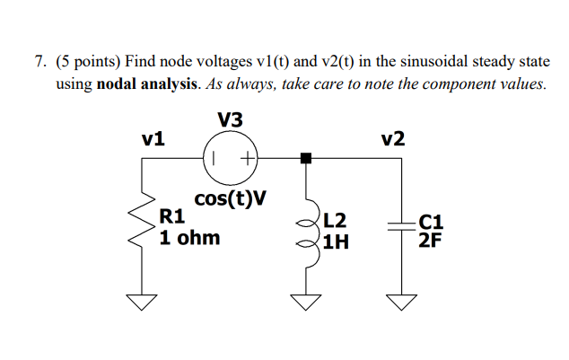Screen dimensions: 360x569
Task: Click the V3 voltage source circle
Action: tap(232, 158)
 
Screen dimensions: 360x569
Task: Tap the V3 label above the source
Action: tap(230, 119)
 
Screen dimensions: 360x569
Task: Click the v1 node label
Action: tap(153, 139)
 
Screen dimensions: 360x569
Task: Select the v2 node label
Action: tap(392, 139)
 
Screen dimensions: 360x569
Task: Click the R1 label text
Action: tap(171, 215)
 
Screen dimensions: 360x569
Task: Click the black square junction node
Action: tap(306, 158)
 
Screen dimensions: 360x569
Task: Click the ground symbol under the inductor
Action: tap(306, 301)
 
